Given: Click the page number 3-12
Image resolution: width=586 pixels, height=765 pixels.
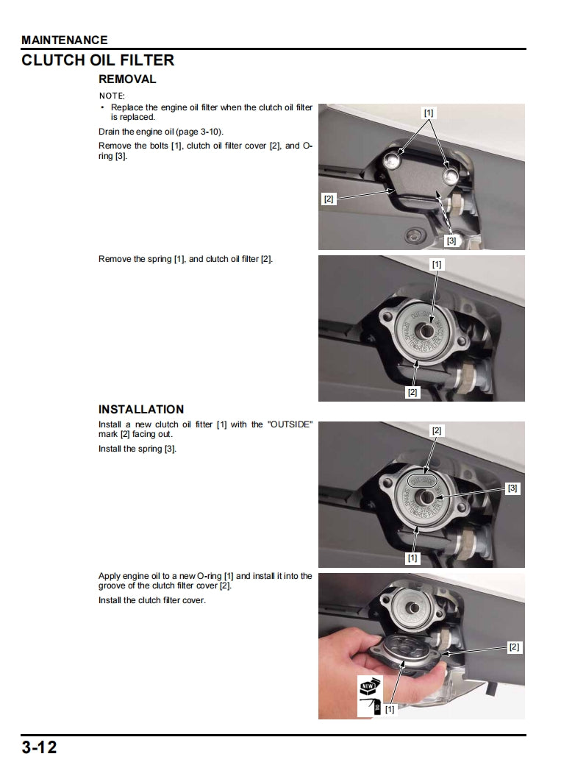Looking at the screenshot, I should [39, 748].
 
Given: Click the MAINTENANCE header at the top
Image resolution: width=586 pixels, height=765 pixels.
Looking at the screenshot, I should [65, 40].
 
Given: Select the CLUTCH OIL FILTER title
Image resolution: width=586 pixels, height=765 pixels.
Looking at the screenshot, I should [98, 60].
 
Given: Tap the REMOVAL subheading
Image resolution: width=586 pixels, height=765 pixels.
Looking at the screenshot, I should [127, 79].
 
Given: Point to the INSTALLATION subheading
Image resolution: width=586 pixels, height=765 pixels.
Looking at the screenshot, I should [141, 409].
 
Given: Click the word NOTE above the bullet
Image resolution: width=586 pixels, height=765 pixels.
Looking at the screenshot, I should [112, 96].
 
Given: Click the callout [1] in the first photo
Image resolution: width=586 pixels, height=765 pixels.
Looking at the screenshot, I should [429, 113].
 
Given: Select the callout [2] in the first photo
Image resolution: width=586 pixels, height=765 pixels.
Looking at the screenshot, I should [329, 199].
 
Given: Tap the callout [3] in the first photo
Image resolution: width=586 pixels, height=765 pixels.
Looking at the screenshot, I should [451, 241].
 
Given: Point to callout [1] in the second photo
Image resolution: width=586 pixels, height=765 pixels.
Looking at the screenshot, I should [437, 263].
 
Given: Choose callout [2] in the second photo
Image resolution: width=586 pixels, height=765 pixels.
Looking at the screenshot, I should [412, 393].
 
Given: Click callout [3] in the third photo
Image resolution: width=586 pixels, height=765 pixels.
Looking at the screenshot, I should [512, 488].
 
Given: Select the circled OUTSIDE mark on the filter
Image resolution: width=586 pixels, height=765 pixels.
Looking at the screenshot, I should [422, 480].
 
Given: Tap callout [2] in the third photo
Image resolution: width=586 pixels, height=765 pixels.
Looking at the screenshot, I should [437, 430].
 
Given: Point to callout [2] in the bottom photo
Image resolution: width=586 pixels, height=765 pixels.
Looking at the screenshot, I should [514, 647].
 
